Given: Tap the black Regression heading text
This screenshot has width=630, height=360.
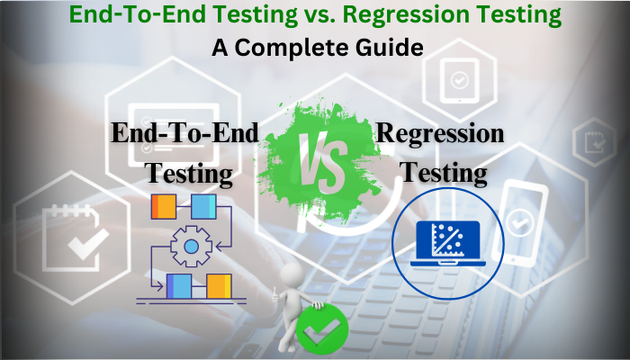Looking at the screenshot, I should [x=440, y=134].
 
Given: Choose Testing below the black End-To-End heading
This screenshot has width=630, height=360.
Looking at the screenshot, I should [x=190, y=172].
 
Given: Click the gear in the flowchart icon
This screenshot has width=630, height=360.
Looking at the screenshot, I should [x=191, y=246].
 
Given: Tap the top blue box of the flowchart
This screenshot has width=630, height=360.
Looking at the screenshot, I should [x=204, y=207].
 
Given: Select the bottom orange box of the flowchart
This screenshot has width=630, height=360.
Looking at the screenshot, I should [x=220, y=286].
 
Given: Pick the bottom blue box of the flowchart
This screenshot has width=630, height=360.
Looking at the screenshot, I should [x=178, y=286].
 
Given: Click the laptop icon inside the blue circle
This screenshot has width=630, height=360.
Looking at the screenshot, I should [x=447, y=242].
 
